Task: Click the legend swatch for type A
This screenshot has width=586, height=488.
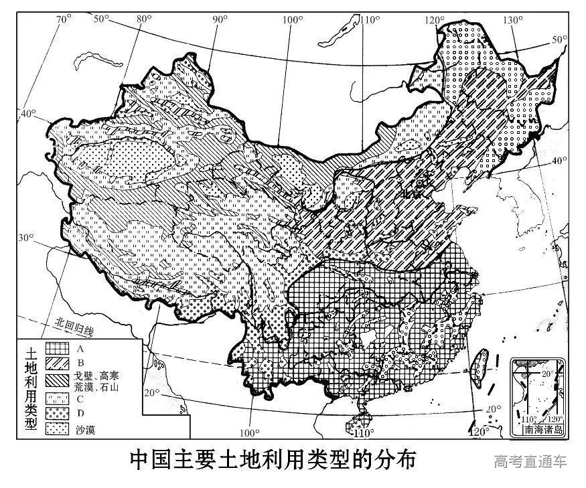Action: click(58, 349)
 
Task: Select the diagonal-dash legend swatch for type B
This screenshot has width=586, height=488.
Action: click(58, 363)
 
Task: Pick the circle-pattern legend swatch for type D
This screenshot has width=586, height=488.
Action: click(58, 413)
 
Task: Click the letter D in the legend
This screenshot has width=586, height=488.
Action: click(80, 413)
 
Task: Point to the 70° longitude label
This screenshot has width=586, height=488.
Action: click(64, 19)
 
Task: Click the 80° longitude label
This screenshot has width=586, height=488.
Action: click(143, 19)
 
